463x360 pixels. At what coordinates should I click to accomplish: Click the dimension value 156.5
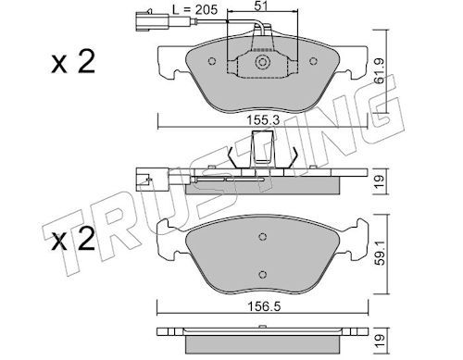pyautogui.click(x=264, y=306)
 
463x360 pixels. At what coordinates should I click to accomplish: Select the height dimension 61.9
pyautogui.click(x=380, y=71)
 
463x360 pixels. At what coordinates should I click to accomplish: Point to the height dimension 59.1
pyautogui.click(x=381, y=254)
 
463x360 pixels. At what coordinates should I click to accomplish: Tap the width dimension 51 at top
pyautogui.click(x=261, y=6)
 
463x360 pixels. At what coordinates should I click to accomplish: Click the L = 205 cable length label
pyautogui.click(x=194, y=9)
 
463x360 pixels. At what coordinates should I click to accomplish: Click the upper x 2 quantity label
pyautogui.click(x=73, y=62)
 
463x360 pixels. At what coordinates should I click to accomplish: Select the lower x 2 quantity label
pyautogui.click(x=73, y=239)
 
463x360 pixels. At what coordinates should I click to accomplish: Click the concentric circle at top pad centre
pyautogui.click(x=262, y=62)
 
